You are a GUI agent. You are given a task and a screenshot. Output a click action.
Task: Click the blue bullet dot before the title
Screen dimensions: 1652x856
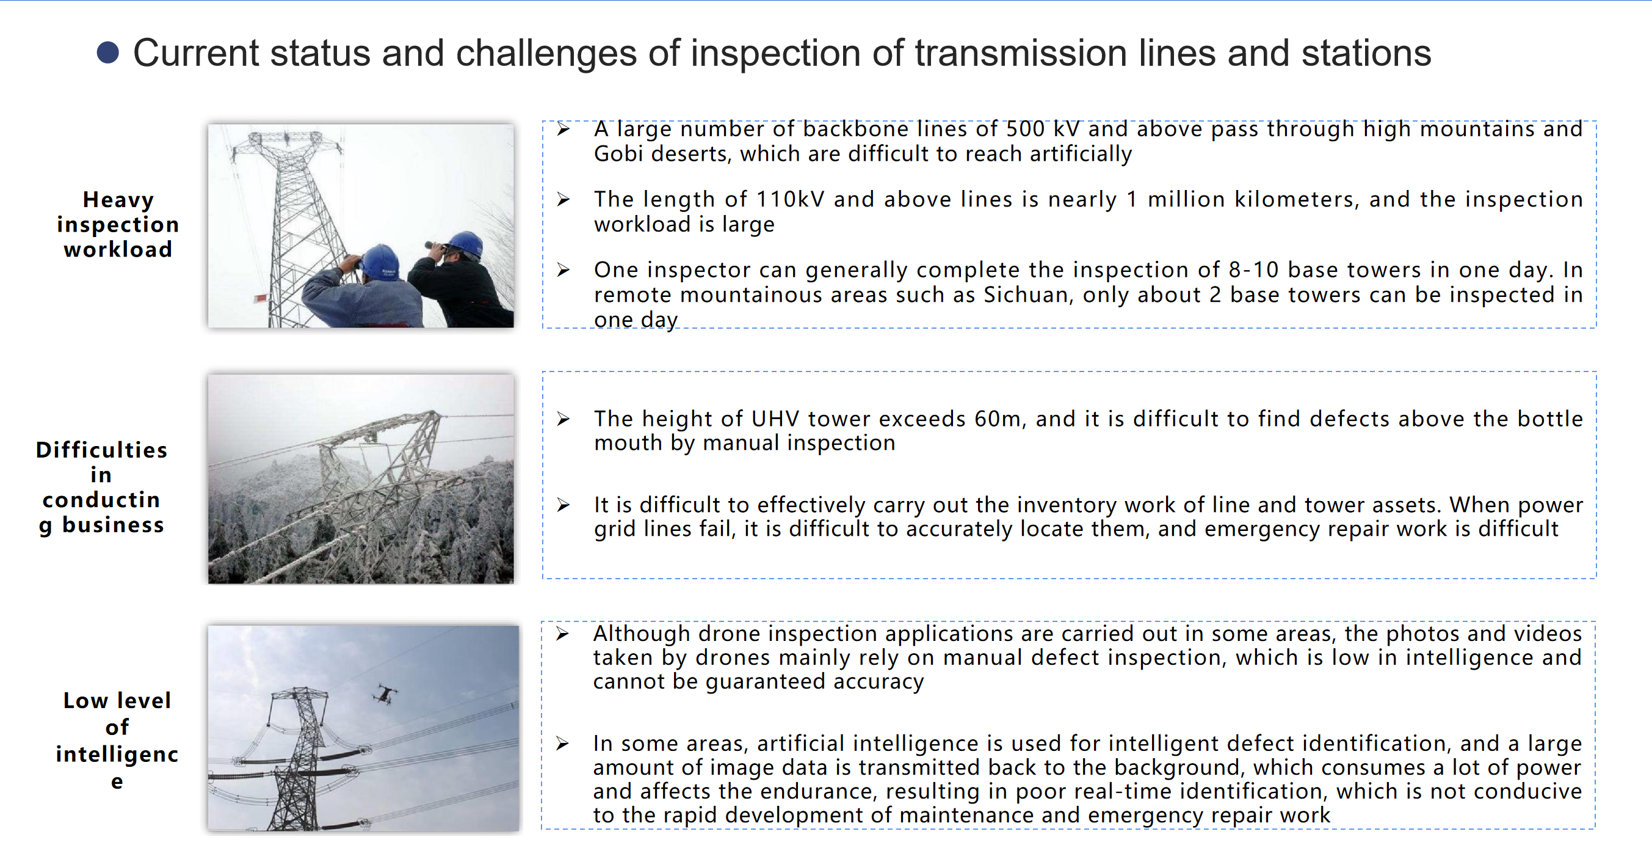click(107, 53)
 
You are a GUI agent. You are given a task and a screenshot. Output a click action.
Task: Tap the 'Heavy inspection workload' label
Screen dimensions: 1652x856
click(118, 224)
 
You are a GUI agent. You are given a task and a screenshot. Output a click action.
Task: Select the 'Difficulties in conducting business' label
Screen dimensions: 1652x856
click(102, 487)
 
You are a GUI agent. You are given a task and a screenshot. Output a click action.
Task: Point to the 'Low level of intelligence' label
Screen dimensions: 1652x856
click(117, 740)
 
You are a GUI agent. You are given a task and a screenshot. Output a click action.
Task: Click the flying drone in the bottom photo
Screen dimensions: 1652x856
click(385, 693)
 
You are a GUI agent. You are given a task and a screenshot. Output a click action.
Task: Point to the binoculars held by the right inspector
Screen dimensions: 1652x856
click(435, 245)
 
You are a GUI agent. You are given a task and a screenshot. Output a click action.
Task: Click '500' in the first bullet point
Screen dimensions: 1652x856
click(1025, 129)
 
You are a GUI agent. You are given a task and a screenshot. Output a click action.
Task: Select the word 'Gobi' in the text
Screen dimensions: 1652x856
click(618, 154)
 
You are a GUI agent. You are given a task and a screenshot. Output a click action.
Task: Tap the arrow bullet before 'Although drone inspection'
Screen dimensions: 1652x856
click(562, 634)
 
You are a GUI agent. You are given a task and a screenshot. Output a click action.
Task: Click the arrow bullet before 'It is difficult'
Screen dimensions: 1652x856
click(563, 505)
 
